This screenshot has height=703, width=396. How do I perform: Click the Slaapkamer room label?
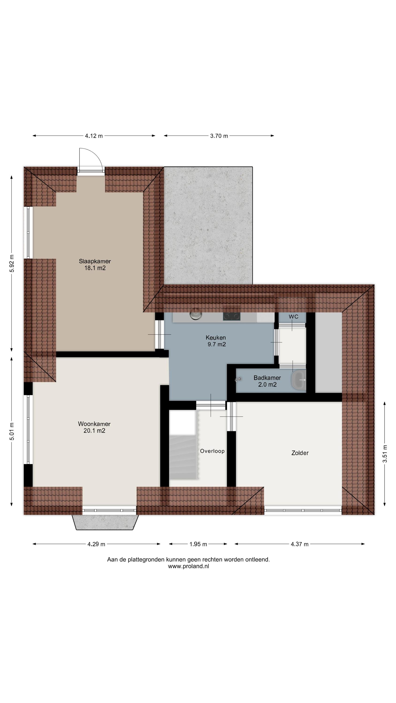click(x=95, y=261)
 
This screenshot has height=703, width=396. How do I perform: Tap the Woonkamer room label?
click(x=94, y=424)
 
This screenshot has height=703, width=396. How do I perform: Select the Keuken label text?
click(x=216, y=338)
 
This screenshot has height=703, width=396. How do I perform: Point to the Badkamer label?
click(x=267, y=378)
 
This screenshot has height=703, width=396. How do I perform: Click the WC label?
click(x=293, y=317)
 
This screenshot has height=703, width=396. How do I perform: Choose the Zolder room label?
click(x=300, y=453)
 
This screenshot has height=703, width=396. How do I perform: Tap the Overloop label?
click(x=212, y=451)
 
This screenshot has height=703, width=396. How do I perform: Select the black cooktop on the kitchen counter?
click(x=232, y=317)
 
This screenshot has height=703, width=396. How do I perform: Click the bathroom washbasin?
click(x=299, y=380)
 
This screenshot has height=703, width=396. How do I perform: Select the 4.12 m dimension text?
click(x=94, y=136)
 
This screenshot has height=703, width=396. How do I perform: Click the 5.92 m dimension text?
click(x=11, y=263)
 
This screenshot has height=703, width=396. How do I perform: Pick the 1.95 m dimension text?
click(x=198, y=544)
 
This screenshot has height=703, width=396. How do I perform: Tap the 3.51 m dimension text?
click(x=385, y=454)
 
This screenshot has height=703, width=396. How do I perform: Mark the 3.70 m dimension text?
click(x=219, y=136)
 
